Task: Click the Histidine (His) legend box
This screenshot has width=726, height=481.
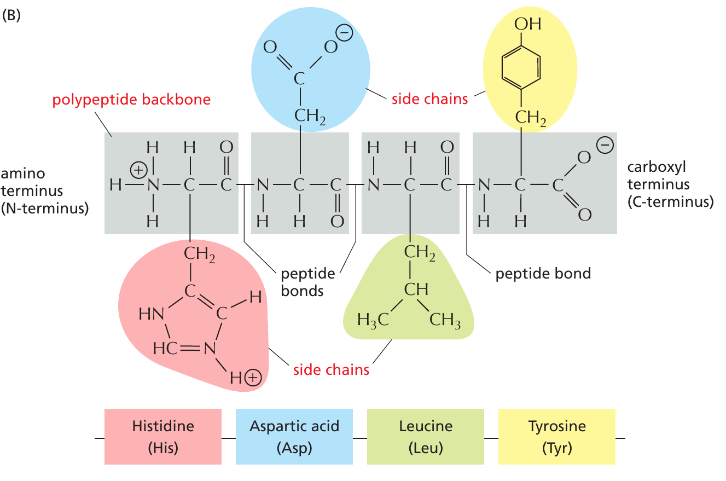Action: (x=162, y=437)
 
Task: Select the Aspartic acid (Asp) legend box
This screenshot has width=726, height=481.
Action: (x=294, y=437)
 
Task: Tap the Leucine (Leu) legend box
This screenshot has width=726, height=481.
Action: (x=425, y=437)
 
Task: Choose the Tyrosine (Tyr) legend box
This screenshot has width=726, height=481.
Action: (x=556, y=437)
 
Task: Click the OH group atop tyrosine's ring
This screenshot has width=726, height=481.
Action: (x=527, y=24)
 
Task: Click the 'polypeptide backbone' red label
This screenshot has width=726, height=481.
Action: (x=131, y=101)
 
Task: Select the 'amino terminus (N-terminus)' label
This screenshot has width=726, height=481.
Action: (x=44, y=191)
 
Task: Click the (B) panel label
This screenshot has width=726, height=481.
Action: (x=11, y=15)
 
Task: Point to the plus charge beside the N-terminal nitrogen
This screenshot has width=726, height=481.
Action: (x=138, y=171)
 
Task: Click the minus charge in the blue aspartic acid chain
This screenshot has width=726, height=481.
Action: (x=344, y=34)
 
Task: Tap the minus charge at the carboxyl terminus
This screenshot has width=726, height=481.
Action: (x=605, y=146)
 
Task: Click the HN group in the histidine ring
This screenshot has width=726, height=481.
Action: (x=151, y=314)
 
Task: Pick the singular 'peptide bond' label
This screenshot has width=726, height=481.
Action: (x=543, y=273)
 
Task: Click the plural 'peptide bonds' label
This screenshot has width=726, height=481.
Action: (x=302, y=281)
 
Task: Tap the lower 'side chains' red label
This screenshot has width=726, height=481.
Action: (x=331, y=370)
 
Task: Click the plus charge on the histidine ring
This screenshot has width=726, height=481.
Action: (x=253, y=378)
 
